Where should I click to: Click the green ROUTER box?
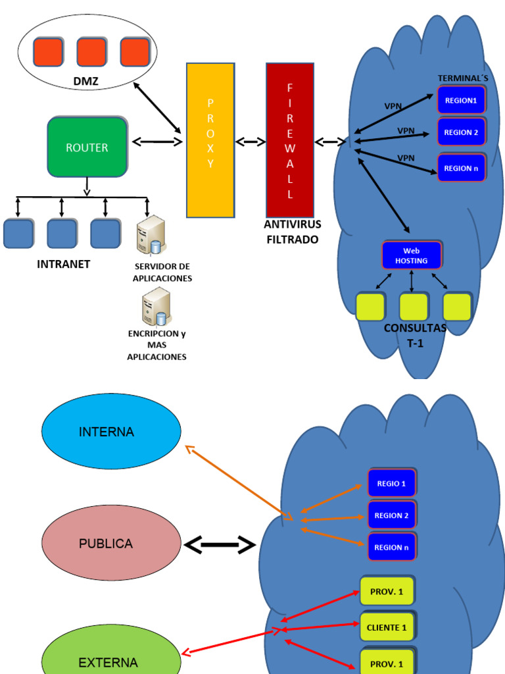(87, 147)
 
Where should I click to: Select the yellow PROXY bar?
(210, 140)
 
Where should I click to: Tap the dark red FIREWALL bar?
(290, 140)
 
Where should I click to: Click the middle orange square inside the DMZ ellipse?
(91, 52)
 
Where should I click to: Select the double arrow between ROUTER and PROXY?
(156, 141)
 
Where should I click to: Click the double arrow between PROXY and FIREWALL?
(251, 142)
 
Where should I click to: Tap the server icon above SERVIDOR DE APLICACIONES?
(151, 235)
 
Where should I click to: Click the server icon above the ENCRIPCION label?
(156, 307)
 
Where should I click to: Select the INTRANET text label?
(63, 265)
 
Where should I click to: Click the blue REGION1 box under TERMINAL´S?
(461, 101)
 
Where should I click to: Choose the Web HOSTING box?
(412, 255)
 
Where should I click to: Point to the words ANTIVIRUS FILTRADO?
(292, 232)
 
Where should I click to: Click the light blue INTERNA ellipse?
(111, 432)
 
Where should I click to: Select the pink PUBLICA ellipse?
(111, 544)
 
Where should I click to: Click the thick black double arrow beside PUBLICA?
(220, 545)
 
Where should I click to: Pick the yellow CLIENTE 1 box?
(387, 627)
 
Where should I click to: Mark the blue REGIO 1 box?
(391, 483)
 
